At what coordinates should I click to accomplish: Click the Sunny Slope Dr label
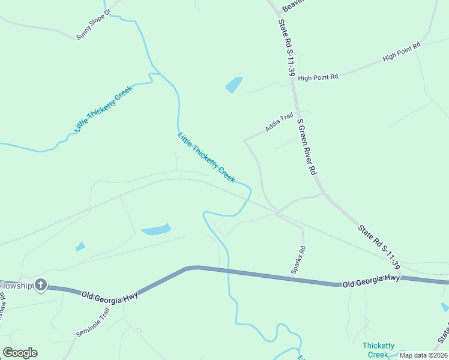94,25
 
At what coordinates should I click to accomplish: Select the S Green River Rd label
307,146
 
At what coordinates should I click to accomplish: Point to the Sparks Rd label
298,260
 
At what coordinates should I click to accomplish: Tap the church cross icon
41,284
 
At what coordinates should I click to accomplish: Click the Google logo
20,353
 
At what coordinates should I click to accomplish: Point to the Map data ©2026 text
424,355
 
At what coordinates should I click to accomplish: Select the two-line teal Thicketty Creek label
379,350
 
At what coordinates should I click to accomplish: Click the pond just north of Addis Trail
234,85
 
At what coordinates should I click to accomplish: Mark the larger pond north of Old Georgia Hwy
156,229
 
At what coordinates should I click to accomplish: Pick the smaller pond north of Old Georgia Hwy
80,247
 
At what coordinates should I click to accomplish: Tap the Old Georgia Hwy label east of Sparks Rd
371,280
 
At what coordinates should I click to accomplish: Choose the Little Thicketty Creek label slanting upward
103,109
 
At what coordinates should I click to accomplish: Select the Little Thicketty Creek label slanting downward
206,157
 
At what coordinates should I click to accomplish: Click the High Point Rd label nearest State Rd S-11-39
318,77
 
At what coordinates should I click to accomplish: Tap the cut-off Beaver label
294,5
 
